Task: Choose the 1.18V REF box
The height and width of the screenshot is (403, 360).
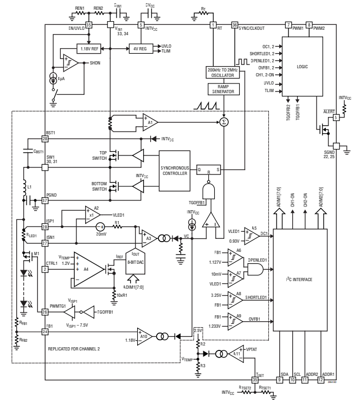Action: point(89,48)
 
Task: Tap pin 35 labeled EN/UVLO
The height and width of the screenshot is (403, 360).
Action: point(89,25)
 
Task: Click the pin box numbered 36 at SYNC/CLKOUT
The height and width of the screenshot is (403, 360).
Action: point(234,25)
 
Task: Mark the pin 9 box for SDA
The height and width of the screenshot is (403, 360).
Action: point(280,380)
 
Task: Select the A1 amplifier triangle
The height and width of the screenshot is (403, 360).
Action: point(149,122)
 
